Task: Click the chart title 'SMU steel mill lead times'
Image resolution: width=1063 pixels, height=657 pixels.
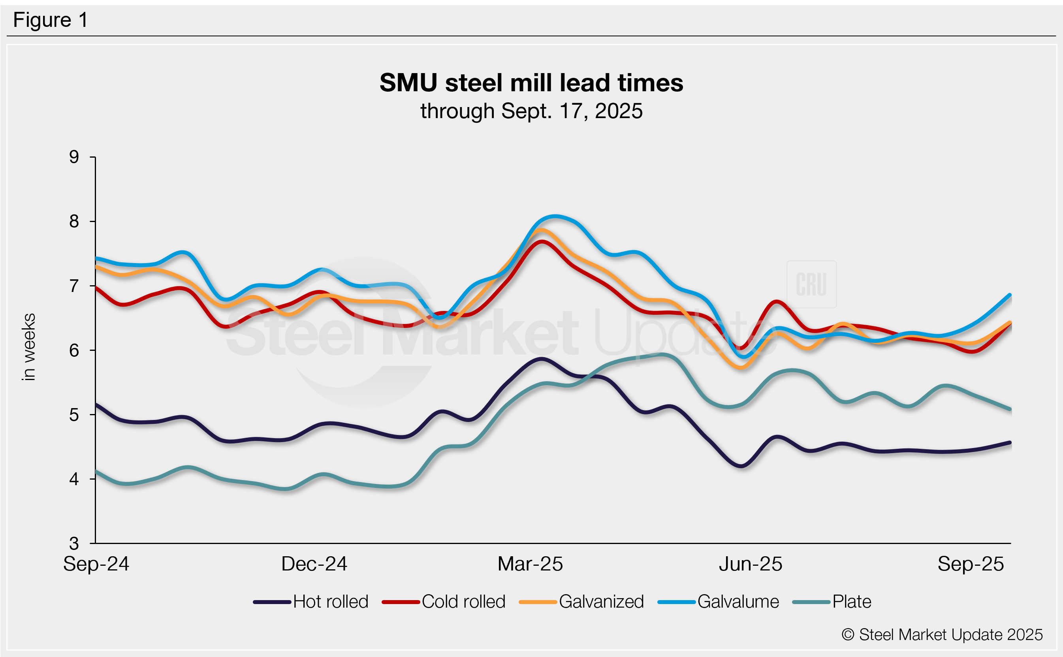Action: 531,83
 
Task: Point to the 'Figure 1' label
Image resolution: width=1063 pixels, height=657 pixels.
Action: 51,20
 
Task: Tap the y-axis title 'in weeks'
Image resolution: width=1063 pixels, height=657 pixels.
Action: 29,347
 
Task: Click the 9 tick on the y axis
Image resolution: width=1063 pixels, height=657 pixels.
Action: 74,157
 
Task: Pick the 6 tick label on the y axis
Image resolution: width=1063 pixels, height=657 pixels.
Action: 74,350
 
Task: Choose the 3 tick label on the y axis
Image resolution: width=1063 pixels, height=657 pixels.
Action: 74,543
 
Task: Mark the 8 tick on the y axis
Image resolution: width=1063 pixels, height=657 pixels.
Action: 74,221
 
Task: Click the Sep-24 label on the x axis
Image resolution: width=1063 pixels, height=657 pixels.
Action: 96,564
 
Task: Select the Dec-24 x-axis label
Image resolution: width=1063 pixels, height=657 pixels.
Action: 314,564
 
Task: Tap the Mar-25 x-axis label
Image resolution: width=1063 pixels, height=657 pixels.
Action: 530,564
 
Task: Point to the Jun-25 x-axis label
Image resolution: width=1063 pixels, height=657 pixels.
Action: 750,564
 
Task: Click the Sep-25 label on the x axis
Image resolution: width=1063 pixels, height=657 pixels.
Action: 971,564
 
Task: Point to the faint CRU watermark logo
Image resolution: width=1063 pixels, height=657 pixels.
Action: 811,284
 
